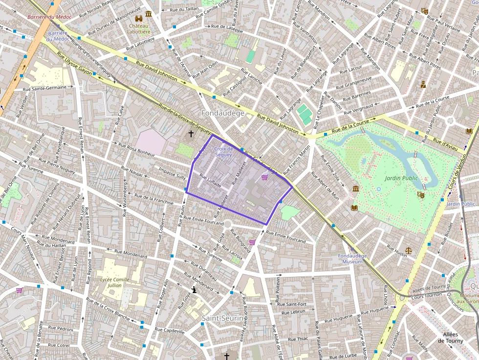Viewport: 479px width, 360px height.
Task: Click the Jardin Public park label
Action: [x=401, y=178]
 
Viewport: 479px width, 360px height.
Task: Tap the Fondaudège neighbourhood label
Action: [x=223, y=113]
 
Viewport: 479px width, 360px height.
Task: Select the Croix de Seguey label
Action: [x=223, y=151]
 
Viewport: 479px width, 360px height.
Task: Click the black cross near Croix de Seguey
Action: [x=191, y=133]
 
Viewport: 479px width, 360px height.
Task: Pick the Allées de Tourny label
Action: [x=451, y=337]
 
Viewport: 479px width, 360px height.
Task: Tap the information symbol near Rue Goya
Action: [x=194, y=290]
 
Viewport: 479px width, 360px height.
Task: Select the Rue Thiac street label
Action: [x=298, y=339]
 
